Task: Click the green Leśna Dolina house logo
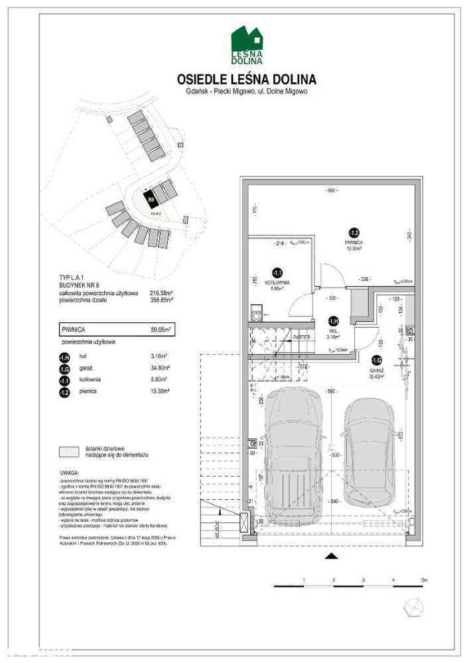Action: pos(247,44)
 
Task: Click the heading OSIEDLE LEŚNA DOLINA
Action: pos(247,80)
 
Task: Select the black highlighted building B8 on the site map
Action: pos(152,198)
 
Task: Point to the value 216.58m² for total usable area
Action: pos(161,293)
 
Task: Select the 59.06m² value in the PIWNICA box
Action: pos(161,328)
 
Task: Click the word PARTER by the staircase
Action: pos(301,337)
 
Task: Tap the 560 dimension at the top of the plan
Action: pos(331,191)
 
